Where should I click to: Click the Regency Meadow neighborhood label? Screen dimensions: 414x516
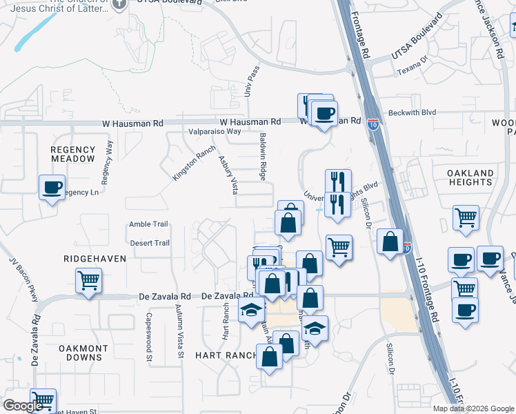(x=72, y=154)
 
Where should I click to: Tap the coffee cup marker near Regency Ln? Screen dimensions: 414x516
(x=52, y=187)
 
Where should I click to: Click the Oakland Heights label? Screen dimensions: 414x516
(x=470, y=177)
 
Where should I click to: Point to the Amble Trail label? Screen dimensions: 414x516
(x=149, y=224)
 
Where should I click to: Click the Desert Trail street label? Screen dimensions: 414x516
(x=150, y=243)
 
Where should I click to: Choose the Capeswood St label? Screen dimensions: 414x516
(x=148, y=339)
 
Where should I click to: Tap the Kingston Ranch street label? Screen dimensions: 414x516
(x=194, y=163)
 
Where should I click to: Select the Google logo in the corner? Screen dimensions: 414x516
(x=23, y=406)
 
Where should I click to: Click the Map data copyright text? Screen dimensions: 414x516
(x=473, y=408)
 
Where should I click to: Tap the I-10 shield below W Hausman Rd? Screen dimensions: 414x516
(x=373, y=124)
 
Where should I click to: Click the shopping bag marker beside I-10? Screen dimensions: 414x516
(x=390, y=243)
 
